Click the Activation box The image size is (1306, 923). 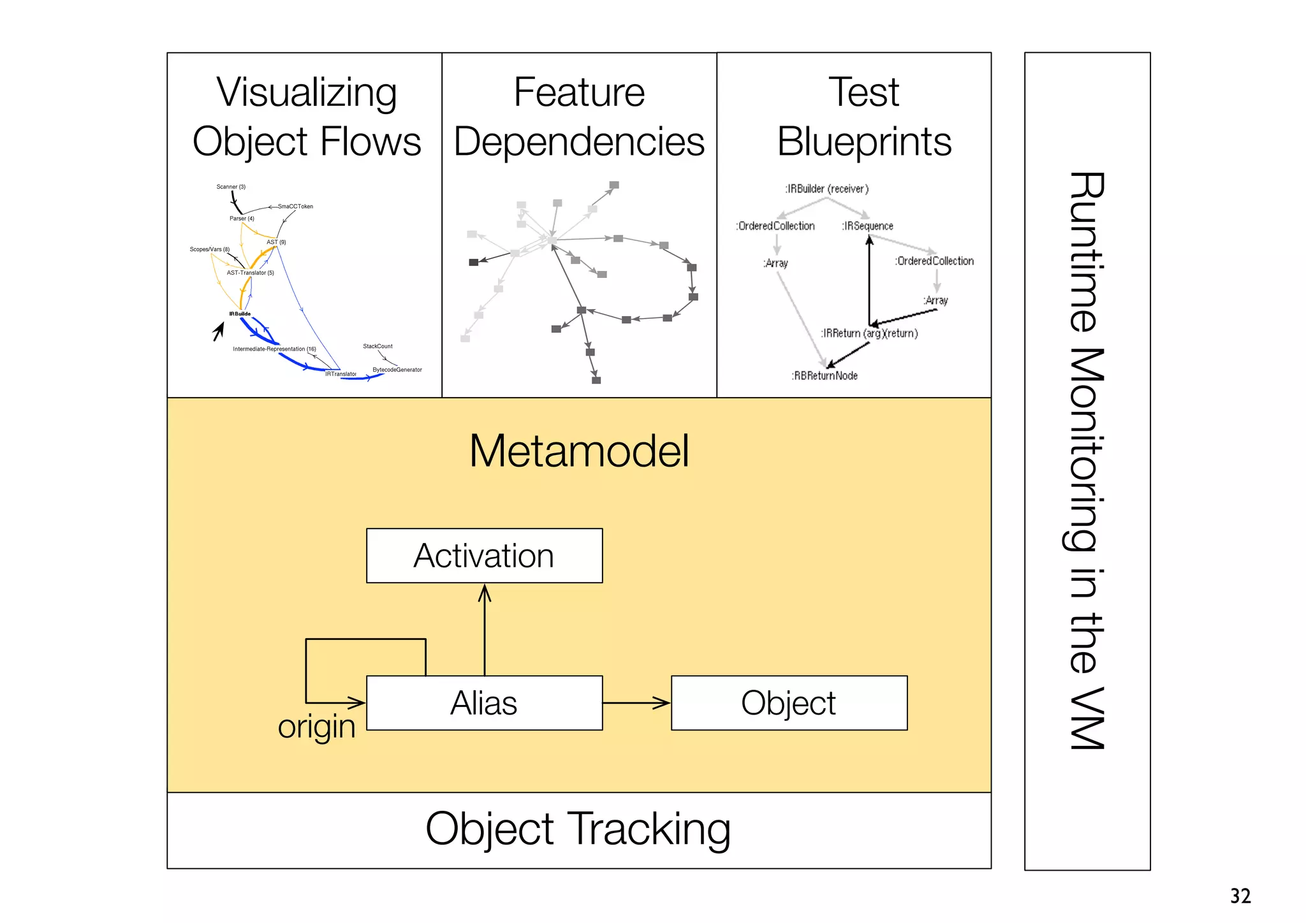point(484,556)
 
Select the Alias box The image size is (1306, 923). point(484,703)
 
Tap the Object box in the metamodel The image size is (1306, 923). point(789,703)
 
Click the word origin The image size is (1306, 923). point(316,727)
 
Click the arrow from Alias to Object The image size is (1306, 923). point(636,703)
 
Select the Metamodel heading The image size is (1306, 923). point(578,451)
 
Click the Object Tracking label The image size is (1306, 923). point(578,829)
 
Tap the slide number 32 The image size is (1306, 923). point(1240,896)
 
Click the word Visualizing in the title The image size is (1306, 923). point(307,92)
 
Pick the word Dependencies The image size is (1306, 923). point(579,142)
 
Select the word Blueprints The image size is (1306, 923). point(864,142)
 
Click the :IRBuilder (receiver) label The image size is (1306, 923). point(826,189)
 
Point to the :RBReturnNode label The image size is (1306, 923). point(825,376)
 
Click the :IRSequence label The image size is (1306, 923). point(867,226)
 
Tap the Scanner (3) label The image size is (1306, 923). point(231,187)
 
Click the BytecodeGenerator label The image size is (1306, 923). point(397,370)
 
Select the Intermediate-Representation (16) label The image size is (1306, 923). point(274,349)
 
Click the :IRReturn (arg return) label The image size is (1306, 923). point(869,333)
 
